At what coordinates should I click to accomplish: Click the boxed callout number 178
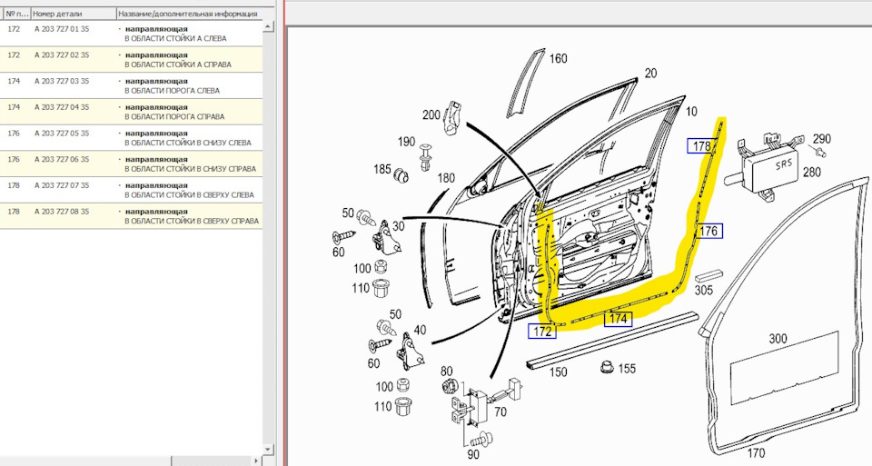(701, 146)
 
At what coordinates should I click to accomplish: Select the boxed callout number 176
(708, 232)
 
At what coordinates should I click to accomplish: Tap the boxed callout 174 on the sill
(618, 319)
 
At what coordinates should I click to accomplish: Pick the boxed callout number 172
(542, 332)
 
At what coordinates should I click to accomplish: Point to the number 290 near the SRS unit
(821, 138)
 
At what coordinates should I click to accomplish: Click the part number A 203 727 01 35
(62, 29)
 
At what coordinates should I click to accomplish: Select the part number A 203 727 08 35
(62, 212)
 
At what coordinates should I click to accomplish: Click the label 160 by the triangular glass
(558, 59)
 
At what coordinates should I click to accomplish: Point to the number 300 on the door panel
(778, 339)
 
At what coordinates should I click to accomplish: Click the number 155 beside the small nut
(627, 369)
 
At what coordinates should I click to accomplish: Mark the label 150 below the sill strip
(557, 372)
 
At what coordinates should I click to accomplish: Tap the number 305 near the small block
(704, 291)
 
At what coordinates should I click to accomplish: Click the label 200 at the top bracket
(432, 115)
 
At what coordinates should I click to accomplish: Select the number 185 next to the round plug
(381, 171)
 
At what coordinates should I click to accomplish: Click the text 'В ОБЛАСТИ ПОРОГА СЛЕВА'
(172, 91)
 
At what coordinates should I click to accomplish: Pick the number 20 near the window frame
(650, 73)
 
